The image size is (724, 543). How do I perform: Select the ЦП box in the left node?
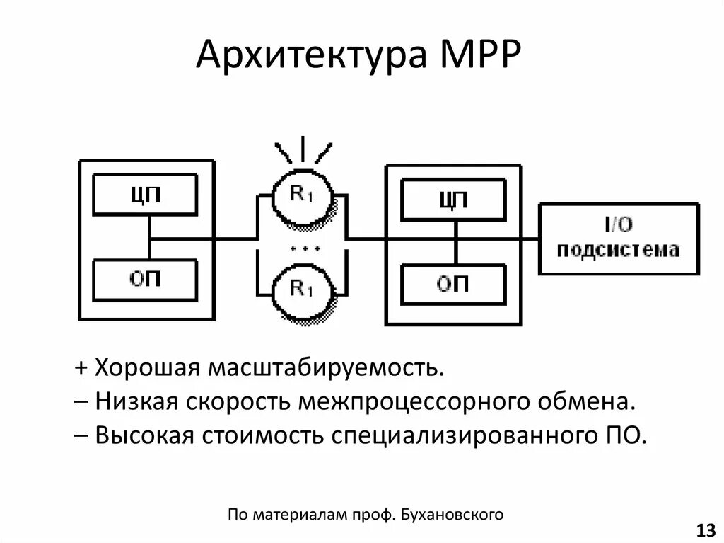tap(146, 195)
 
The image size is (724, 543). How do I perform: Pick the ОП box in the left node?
tap(146, 280)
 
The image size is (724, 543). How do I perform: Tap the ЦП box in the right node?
tap(453, 200)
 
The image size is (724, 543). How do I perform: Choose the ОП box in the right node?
tap(453, 285)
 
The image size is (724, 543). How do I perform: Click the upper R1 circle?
tap(302, 195)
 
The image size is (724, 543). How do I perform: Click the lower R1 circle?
tap(302, 287)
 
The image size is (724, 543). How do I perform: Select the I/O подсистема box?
tap(618, 239)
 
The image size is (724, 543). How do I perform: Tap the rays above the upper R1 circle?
tap(304, 149)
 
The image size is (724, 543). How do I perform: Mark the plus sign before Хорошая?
tap(81, 368)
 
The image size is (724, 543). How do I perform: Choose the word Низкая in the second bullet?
tap(139, 401)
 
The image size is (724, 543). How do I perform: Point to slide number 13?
tap(706, 530)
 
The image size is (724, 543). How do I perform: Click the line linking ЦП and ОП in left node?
tap(149, 238)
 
